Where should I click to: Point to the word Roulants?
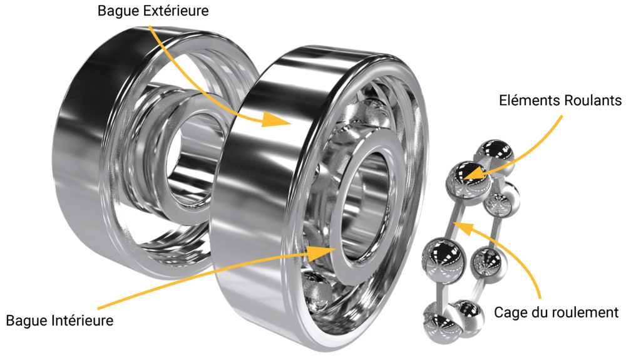(x=593, y=100)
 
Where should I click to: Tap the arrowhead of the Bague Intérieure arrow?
(x=322, y=253)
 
